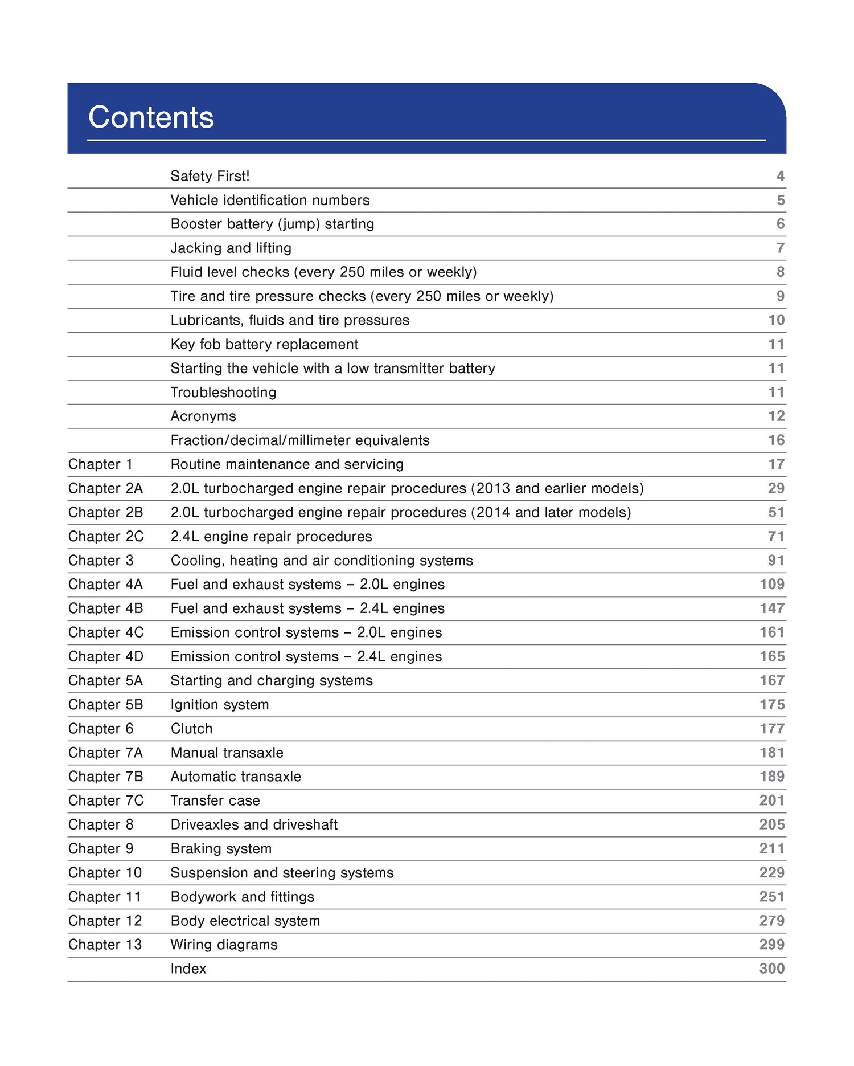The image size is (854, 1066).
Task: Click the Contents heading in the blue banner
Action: [x=151, y=117]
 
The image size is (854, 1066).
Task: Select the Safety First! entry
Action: [x=210, y=176]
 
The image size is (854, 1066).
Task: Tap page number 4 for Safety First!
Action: [x=781, y=176]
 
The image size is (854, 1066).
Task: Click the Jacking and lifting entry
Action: [x=231, y=248]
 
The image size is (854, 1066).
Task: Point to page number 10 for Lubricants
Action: [x=777, y=320]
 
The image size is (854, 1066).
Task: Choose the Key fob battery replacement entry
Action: [x=264, y=344]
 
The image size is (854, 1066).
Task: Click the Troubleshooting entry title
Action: [x=223, y=392]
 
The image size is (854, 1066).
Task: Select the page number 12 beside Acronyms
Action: [x=777, y=416]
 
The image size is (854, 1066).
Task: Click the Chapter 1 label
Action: [x=100, y=464]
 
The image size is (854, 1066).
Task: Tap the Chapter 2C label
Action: [x=106, y=536]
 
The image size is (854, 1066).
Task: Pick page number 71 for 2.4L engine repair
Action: [x=777, y=536]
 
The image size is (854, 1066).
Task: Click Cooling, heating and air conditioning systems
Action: [x=322, y=560]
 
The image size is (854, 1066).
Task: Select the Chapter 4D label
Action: [x=106, y=656]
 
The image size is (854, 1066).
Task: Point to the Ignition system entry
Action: [x=220, y=704]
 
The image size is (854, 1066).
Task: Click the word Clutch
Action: [x=191, y=728]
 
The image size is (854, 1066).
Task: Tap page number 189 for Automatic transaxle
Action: [x=772, y=776]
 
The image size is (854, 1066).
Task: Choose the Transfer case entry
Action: [x=215, y=800]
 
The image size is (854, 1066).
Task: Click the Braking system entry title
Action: [x=221, y=848]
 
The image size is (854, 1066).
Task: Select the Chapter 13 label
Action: [x=105, y=944]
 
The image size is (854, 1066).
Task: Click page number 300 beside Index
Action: [x=772, y=969]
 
